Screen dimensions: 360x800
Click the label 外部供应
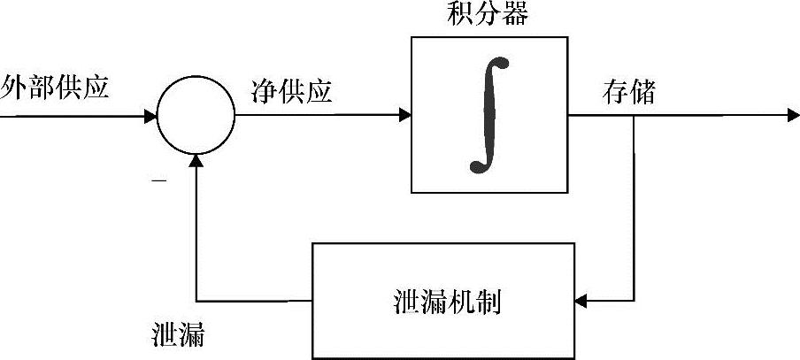(x=55, y=89)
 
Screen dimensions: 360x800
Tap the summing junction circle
(x=196, y=115)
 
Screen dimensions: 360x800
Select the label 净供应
(x=292, y=91)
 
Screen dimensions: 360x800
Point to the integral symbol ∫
(x=488, y=114)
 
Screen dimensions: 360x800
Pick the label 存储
(x=629, y=92)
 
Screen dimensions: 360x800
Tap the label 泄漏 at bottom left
(x=181, y=337)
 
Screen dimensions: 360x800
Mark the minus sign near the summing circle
(x=159, y=181)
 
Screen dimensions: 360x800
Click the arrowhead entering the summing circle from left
(x=151, y=115)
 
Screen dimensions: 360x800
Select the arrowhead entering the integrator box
(x=405, y=115)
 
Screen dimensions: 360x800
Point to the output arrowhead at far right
(x=792, y=115)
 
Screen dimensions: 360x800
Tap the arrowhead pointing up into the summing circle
(x=196, y=161)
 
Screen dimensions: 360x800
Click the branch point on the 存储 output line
(x=634, y=115)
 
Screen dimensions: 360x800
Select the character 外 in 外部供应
(x=15, y=89)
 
